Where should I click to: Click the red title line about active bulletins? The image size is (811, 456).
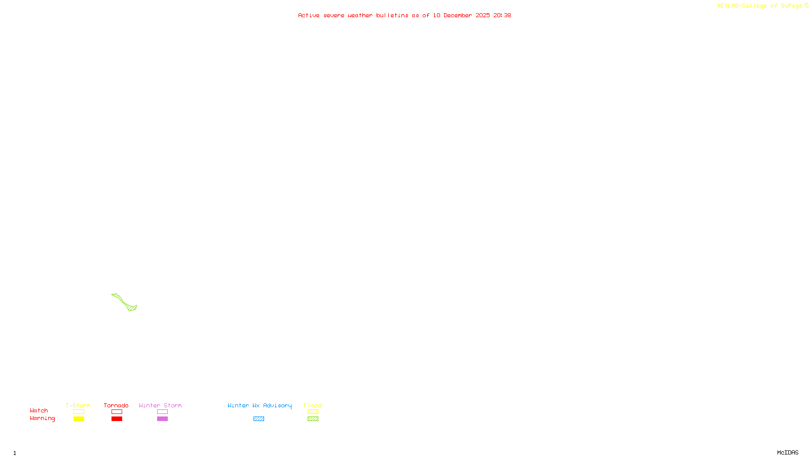coord(404,15)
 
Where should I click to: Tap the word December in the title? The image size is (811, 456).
coord(458,15)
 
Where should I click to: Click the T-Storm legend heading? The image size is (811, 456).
coord(78,405)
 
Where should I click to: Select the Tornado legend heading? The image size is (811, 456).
coord(116,405)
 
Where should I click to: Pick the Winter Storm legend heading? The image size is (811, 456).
coord(160,405)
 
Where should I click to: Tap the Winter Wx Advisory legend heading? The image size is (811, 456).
coord(260,405)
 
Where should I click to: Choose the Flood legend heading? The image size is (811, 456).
coord(313,405)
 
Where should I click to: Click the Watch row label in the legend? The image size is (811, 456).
coord(39,410)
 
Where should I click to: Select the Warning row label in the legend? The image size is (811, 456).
coord(43,419)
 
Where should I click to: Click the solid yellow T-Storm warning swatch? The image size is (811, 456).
coord(79,419)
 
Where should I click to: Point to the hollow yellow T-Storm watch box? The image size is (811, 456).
coord(79,412)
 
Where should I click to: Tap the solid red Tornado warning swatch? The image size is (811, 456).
coord(117,419)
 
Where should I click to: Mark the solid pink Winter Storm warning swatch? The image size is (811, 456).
coord(162,419)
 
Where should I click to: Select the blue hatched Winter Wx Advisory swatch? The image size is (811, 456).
coord(259,419)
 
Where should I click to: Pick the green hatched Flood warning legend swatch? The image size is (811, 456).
coord(313,419)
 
